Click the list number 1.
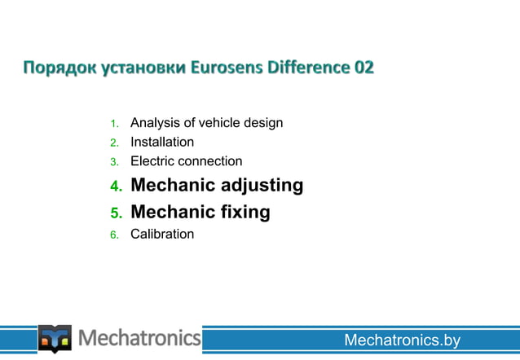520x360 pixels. point(114,125)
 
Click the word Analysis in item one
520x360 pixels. point(154,123)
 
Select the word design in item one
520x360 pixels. point(262,123)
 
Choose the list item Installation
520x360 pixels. point(162,143)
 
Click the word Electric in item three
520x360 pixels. point(154,161)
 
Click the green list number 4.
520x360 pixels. point(116,187)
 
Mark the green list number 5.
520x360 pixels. point(116,214)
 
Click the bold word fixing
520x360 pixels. point(242,213)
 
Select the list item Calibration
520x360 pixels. point(162,235)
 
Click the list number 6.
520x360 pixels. point(114,235)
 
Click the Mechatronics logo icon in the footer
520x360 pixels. point(55,338)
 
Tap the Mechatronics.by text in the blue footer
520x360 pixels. point(402,340)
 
